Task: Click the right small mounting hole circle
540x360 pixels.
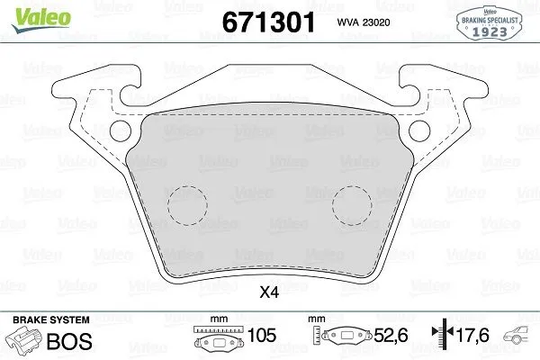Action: pyautogui.click(x=419, y=132)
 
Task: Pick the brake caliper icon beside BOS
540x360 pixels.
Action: pyautogui.click(x=24, y=341)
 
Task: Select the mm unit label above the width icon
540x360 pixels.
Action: pyautogui.click(x=217, y=319)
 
